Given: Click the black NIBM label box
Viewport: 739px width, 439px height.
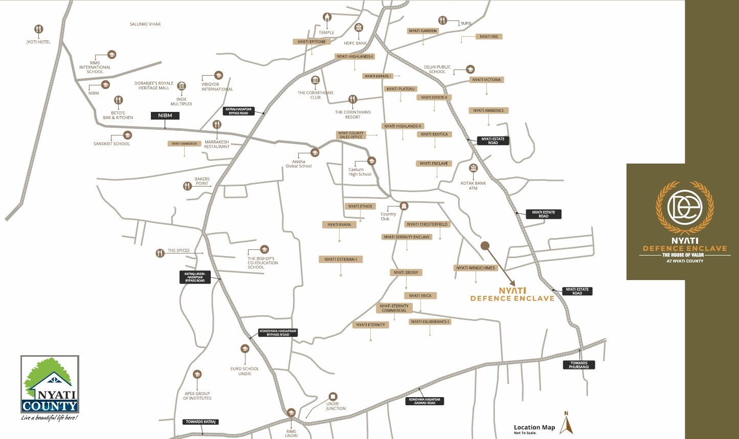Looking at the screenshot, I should tap(165, 115).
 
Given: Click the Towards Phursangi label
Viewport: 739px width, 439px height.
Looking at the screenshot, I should tap(579, 365).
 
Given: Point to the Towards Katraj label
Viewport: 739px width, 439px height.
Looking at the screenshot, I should tap(200, 422).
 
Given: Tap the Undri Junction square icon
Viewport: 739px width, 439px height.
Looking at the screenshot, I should tap(333, 397).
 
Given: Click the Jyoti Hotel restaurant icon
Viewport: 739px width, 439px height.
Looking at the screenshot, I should tap(39, 29).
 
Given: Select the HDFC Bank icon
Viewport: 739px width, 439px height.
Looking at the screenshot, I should tap(359, 28).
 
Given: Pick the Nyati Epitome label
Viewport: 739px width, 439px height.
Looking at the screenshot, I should tap(311, 42).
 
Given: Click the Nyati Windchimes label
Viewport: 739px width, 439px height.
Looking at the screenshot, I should tap(476, 268).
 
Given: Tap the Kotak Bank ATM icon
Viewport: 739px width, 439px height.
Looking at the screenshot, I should tap(473, 168).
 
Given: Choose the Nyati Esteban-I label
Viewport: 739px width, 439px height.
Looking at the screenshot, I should tap(341, 259).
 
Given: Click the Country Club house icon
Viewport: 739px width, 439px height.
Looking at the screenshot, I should tap(404, 206).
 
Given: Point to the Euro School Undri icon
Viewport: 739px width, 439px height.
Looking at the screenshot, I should tap(244, 349).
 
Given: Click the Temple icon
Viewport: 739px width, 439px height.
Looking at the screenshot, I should tap(327, 17).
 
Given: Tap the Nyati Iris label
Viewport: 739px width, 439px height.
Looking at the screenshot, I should tap(489, 37).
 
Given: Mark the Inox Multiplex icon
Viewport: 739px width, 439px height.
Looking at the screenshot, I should tap(182, 86).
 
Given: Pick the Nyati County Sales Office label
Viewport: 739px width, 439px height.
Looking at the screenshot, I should tap(350, 135).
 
